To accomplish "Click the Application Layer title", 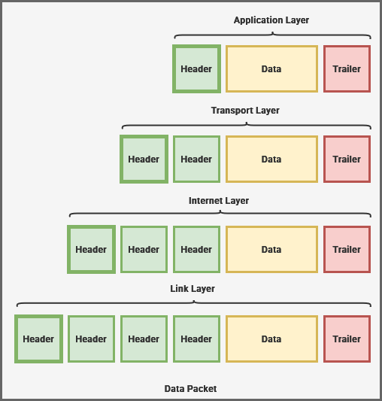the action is [271, 20].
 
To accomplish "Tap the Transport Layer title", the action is [245, 111].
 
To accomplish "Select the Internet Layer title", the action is [219, 201].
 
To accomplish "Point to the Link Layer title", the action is [193, 289].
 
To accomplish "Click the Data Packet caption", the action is [190, 389].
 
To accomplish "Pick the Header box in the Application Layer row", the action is [196, 68].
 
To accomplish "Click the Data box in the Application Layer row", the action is [271, 68].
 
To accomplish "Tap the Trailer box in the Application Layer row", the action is [347, 68].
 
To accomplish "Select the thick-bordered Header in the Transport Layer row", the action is [144, 159].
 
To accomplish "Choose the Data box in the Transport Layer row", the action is [271, 159].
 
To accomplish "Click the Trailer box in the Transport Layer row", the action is [347, 159].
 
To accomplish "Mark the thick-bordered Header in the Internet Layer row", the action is [91, 249].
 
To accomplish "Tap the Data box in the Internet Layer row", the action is [271, 249].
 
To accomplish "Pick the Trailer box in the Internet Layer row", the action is [347, 249].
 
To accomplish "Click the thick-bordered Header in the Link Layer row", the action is [38, 339].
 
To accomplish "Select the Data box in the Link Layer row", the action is [271, 339].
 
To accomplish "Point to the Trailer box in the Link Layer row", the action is [347, 339].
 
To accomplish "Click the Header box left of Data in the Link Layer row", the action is [196, 339].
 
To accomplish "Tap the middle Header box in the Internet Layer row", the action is [144, 249].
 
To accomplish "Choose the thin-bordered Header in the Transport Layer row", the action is [196, 159].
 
